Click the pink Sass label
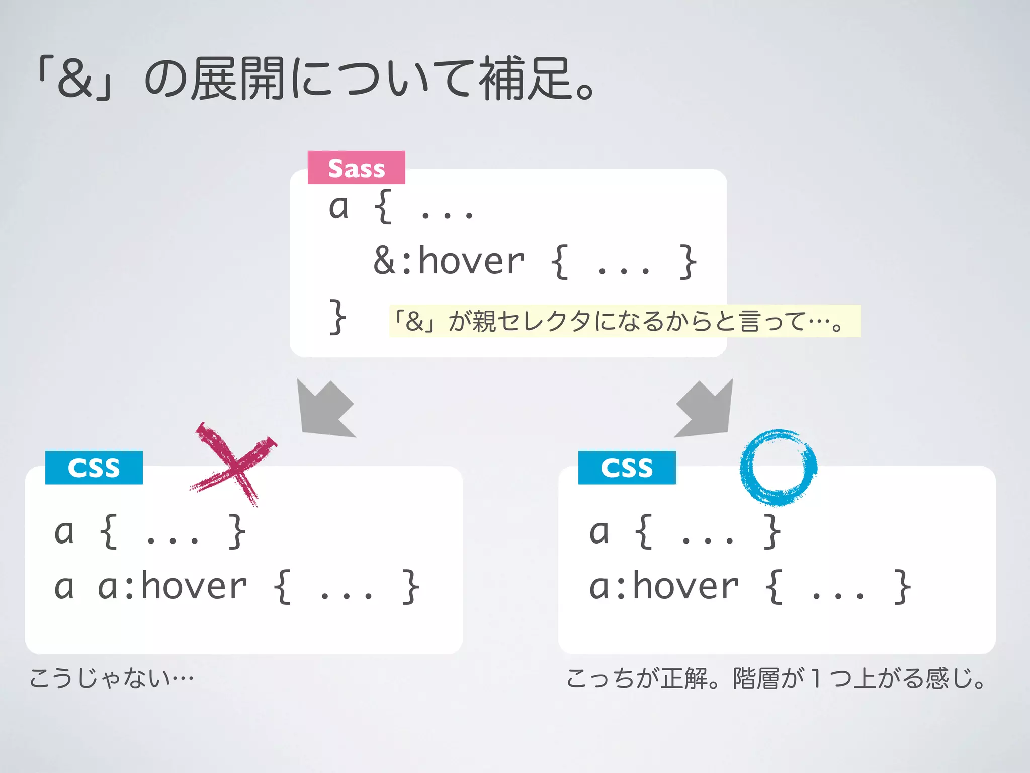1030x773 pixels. (356, 168)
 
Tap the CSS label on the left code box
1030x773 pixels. (94, 468)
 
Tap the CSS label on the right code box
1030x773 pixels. (627, 468)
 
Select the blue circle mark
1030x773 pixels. (778, 467)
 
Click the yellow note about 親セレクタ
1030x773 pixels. (624, 321)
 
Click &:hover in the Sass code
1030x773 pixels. (449, 261)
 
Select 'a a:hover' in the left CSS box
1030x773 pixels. (150, 587)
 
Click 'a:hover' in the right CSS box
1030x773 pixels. (664, 587)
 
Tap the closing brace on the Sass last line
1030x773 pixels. (337, 317)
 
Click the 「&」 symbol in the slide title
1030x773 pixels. (75, 79)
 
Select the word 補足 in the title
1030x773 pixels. (526, 79)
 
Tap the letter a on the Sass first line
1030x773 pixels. (338, 207)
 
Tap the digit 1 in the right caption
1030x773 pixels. (816, 678)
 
